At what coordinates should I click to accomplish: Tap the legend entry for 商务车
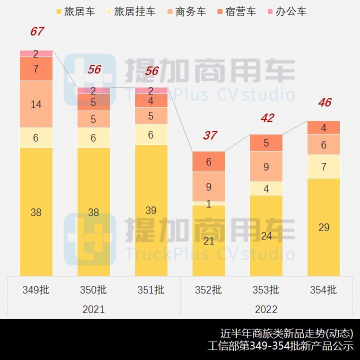click(x=185, y=11)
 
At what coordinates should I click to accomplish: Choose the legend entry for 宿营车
click(x=235, y=11)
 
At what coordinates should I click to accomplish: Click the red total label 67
click(x=36, y=31)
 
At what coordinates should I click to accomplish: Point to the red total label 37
click(x=209, y=135)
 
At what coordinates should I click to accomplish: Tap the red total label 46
click(x=324, y=103)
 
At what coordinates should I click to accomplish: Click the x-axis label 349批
click(x=36, y=290)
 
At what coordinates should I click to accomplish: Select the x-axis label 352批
click(x=209, y=290)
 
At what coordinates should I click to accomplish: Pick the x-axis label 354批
click(x=323, y=290)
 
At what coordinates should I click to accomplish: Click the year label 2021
click(x=93, y=309)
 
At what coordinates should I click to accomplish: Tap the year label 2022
click(x=266, y=309)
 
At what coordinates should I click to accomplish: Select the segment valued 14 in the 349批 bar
click(x=36, y=104)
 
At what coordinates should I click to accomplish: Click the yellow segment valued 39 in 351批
click(x=151, y=210)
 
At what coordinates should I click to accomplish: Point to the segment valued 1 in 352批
click(x=209, y=203)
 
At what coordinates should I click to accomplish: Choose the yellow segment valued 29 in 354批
click(x=323, y=227)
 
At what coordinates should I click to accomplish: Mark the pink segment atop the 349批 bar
click(x=36, y=53)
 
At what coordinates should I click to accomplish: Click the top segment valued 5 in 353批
click(x=266, y=143)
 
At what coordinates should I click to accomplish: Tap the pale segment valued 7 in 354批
click(x=323, y=166)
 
